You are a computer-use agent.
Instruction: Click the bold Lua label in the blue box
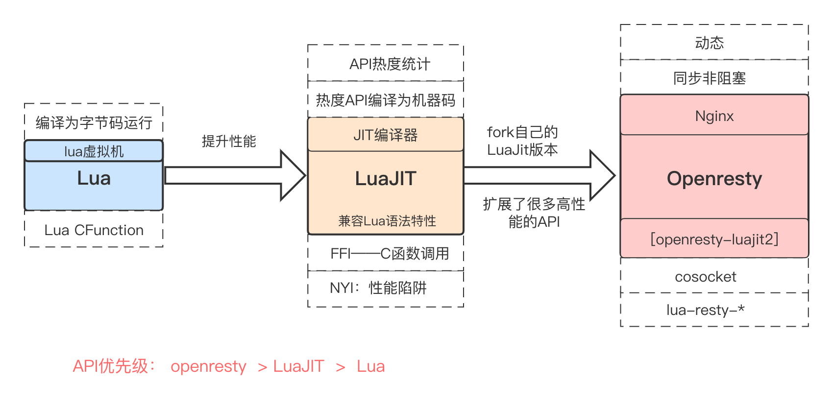[94, 178]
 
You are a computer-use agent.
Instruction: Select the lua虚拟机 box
[94, 151]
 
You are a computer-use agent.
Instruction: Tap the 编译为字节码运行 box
[94, 122]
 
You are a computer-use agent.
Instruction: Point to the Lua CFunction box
[94, 230]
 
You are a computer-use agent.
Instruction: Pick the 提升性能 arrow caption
[229, 142]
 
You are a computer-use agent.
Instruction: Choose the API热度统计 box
[386, 64]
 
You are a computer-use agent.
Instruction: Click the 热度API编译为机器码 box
[386, 100]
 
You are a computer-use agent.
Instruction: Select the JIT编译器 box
[386, 135]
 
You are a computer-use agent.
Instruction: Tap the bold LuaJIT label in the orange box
[386, 179]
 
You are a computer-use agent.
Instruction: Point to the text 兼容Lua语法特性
[387, 221]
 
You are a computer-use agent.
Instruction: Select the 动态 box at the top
[714, 43]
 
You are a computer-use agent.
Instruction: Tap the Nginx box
[714, 116]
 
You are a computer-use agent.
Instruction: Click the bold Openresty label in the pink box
[714, 179]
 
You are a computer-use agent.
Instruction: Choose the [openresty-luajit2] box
[714, 239]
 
